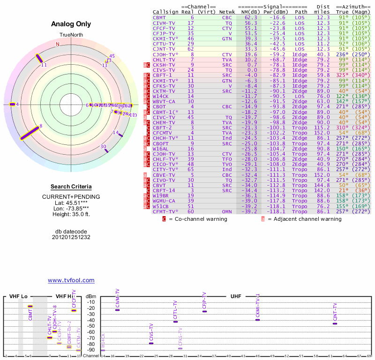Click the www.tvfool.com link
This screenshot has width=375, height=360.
tap(71, 280)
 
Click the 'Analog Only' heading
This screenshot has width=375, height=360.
tap(71, 24)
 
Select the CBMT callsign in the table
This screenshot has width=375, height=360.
tap(159, 17)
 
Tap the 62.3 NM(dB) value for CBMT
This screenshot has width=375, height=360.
tap(250, 17)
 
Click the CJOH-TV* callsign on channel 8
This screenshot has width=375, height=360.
tap(165, 54)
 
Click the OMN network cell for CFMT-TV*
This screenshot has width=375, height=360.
tap(227, 211)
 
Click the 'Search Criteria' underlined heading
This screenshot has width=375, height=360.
tap(71, 187)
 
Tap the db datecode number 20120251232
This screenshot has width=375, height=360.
tap(71, 237)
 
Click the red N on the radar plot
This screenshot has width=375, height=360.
tap(58, 44)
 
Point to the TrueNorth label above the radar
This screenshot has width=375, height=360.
tap(71, 34)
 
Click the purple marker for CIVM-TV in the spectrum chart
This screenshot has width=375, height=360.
tap(117, 310)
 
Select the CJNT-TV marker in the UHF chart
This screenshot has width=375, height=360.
tap(334, 323)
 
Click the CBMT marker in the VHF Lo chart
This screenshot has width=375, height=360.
tap(30, 306)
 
